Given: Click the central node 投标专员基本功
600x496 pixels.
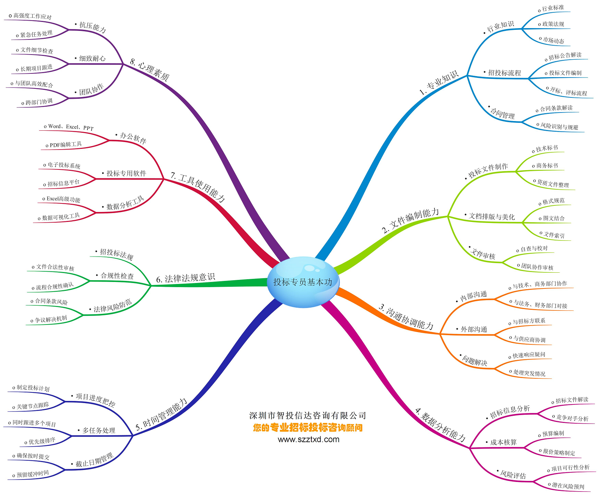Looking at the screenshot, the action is tap(303, 282).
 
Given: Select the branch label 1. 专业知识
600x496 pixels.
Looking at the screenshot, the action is tap(439, 83).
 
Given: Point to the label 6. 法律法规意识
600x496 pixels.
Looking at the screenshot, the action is tap(185, 278).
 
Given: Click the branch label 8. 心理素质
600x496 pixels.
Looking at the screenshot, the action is tap(150, 70).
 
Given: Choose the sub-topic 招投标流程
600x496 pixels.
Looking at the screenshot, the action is tap(504, 73).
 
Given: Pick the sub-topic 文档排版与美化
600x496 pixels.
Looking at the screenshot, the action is tap(492, 216).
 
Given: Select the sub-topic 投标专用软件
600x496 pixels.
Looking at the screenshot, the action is tap(126, 174).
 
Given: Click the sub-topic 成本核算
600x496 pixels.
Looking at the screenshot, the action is tap(503, 442).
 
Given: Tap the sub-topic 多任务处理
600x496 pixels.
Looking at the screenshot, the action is tap(99, 430).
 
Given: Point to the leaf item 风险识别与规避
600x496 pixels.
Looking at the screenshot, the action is tap(559, 126).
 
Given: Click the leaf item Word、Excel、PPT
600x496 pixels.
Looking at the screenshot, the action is tap(71, 127).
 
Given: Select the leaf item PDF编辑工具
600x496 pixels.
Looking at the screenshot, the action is tap(65, 145).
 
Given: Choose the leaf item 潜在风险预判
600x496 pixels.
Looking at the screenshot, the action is tap(568, 486).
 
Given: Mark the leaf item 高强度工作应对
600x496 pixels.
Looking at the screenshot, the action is tap(33, 16).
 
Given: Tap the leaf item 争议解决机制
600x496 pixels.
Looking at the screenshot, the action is tap(51, 319).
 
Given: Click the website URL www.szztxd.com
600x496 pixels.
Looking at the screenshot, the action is tap(309, 439).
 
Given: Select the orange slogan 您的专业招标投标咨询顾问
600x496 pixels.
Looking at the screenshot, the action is tap(308, 428).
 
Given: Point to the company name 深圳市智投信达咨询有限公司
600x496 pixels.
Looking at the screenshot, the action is tap(308, 416).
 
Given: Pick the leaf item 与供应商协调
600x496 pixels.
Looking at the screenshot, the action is tap(529, 339).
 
